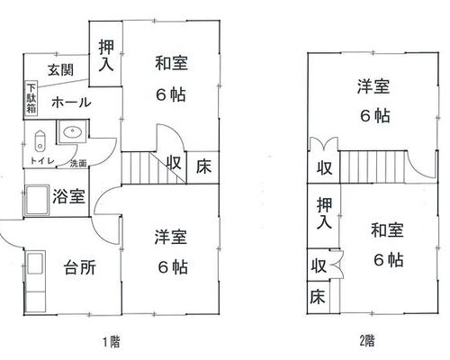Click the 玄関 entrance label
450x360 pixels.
60,70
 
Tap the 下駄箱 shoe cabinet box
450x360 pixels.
31,98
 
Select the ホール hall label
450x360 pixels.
71,103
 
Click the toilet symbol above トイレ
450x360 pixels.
40,140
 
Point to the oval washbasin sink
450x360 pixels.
72,131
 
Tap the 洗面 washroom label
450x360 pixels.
78,164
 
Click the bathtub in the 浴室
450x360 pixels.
37,200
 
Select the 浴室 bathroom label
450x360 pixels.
69,197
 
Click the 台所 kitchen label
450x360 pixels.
80,267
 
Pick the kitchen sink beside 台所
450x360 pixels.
35,263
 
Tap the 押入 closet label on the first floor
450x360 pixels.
106,56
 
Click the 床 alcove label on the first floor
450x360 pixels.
203,166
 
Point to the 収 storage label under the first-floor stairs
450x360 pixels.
174,163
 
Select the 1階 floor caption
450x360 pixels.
112,342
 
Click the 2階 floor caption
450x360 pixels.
367,340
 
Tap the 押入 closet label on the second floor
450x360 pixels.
324,213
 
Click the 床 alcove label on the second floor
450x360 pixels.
318,296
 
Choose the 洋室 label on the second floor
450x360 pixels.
373,86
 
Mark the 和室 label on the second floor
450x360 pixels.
387,229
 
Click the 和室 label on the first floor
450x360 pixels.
171,63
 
